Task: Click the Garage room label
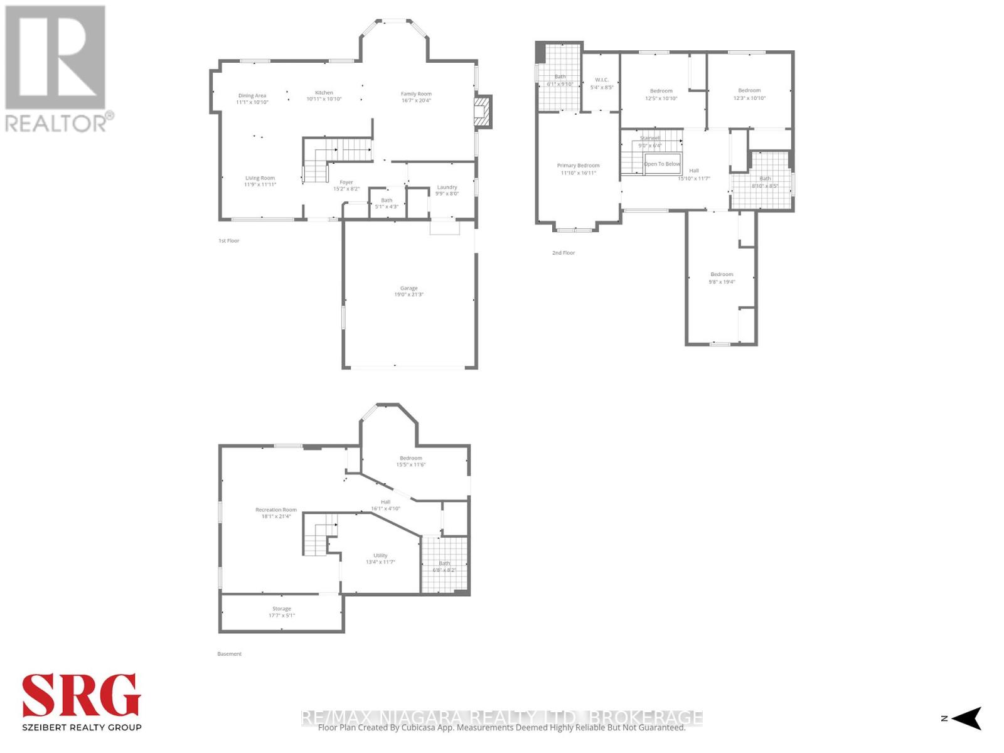pyautogui.click(x=409, y=291)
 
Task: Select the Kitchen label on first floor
pyautogui.click(x=324, y=96)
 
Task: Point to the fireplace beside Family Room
pyautogui.click(x=481, y=112)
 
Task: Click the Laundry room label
pyautogui.click(x=447, y=190)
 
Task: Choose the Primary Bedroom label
pyautogui.click(x=577, y=169)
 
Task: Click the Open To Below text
pyautogui.click(x=662, y=164)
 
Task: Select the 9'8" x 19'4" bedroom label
pyautogui.click(x=722, y=278)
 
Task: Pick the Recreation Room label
pyautogui.click(x=276, y=513)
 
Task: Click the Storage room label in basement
pyautogui.click(x=282, y=612)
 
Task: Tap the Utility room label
pyautogui.click(x=380, y=558)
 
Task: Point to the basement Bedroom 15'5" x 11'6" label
pyautogui.click(x=410, y=461)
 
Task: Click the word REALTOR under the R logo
pyautogui.click(x=56, y=122)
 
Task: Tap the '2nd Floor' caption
pyautogui.click(x=563, y=253)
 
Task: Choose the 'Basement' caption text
pyautogui.click(x=229, y=654)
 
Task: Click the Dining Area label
pyautogui.click(x=252, y=99)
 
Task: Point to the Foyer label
pyautogui.click(x=346, y=185)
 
